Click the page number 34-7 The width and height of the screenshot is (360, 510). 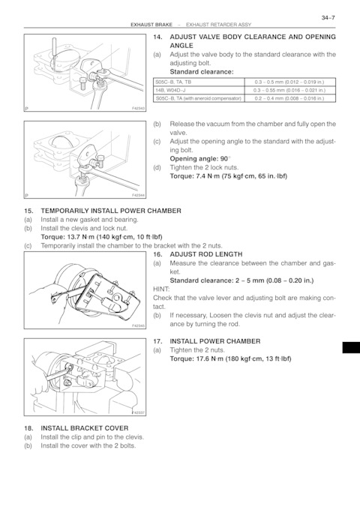click(328, 18)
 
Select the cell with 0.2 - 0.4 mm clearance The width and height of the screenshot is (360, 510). click(289, 98)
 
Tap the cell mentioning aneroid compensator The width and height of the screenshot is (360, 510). click(199, 98)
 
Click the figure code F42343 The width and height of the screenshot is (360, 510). click(138, 108)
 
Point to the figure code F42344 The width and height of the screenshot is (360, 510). click(138, 195)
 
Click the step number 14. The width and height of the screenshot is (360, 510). click(157, 37)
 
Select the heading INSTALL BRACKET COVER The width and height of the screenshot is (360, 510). click(85, 428)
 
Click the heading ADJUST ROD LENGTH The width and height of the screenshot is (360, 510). click(206, 254)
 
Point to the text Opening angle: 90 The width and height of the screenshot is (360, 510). click(199, 159)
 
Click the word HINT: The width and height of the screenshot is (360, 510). click(161, 289)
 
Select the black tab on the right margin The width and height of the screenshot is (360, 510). click(351, 347)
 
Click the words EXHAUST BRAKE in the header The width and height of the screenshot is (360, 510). click(151, 25)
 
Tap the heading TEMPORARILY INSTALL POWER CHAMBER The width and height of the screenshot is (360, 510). click(111, 211)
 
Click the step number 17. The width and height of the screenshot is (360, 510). click(157, 341)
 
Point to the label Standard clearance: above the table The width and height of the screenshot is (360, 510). click(202, 72)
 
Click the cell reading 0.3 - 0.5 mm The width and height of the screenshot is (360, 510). click(289, 82)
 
